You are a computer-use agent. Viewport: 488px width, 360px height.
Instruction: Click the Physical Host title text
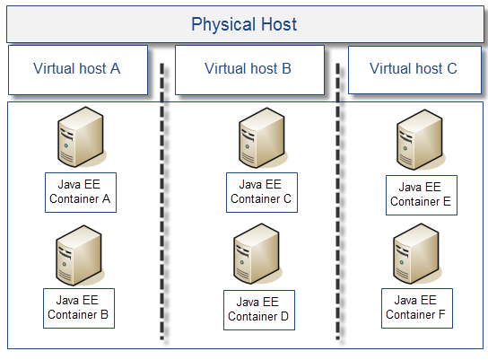[x=244, y=24]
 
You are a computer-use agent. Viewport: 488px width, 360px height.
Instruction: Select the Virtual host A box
[x=78, y=70]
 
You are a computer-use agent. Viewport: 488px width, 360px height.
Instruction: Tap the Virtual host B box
[x=249, y=70]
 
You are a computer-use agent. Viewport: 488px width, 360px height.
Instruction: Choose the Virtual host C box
[x=414, y=70]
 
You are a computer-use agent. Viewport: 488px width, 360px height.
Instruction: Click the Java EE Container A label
[x=81, y=193]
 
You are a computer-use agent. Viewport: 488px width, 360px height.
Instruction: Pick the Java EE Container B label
[x=79, y=308]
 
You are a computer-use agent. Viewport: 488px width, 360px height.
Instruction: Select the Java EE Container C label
[x=262, y=193]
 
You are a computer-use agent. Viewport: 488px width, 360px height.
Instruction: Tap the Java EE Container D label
[x=259, y=310]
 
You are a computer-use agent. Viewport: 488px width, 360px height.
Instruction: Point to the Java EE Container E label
[x=422, y=195]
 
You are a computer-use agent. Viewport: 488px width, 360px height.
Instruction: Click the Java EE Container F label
[x=417, y=308]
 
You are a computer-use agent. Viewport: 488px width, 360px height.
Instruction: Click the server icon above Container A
[x=81, y=137]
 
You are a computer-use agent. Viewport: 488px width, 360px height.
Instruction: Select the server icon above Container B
[x=79, y=255]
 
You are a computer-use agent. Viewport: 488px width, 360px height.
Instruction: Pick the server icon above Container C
[x=262, y=138]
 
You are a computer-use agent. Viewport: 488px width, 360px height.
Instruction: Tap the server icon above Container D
[x=257, y=253]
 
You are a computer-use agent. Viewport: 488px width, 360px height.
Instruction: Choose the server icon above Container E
[x=420, y=140]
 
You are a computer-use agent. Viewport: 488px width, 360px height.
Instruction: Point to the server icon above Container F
[x=417, y=253]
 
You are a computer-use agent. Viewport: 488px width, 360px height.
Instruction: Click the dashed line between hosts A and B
[x=162, y=201]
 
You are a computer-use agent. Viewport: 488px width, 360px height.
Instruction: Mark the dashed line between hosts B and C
[x=338, y=201]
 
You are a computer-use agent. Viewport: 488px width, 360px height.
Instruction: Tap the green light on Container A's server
[x=66, y=145]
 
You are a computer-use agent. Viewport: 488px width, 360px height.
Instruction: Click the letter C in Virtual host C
[x=452, y=68]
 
